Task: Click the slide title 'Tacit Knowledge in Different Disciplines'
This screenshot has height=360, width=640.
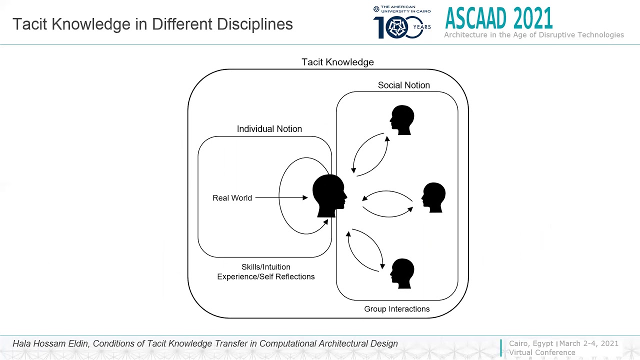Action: click(152, 24)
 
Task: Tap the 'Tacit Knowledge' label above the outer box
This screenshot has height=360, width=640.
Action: click(337, 62)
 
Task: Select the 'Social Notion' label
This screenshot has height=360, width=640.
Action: click(403, 85)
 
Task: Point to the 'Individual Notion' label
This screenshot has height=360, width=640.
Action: click(269, 129)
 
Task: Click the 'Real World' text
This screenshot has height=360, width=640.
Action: click(232, 198)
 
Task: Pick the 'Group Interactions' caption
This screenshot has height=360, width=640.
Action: click(396, 309)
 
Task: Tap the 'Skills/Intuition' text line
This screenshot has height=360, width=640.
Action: click(265, 267)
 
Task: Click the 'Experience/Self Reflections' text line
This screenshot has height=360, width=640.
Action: click(265, 276)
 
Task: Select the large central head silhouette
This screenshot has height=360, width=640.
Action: click(328, 195)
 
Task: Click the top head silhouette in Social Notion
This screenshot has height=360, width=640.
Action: click(402, 120)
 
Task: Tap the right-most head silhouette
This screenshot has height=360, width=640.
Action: click(433, 197)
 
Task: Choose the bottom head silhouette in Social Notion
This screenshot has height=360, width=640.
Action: click(402, 273)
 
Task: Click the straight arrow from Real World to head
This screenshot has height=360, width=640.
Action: click(281, 198)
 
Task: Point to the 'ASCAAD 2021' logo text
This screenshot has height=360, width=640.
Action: click(498, 18)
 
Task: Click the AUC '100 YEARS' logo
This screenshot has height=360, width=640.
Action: click(401, 23)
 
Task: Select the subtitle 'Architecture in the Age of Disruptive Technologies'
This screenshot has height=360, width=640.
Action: click(533, 35)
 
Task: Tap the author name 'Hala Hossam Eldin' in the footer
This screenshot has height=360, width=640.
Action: click(50, 343)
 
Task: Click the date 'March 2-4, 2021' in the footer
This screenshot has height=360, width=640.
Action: click(588, 343)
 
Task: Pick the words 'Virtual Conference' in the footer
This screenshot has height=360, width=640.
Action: click(542, 352)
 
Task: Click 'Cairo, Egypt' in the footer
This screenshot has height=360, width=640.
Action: click(531, 343)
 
